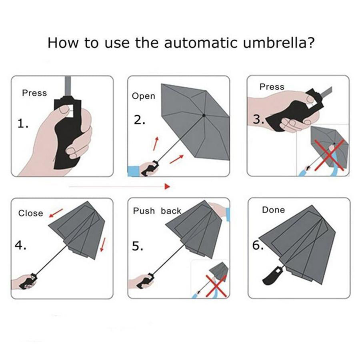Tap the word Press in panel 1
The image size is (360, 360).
pyautogui.click(x=34, y=93)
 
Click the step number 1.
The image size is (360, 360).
pyautogui.click(x=23, y=124)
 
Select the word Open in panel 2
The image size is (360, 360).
pyautogui.click(x=143, y=96)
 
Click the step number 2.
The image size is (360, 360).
pyautogui.click(x=140, y=120)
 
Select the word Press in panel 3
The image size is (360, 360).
pyautogui.click(x=272, y=87)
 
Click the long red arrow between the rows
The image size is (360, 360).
pyautogui.click(x=120, y=186)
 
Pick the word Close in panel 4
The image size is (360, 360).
pyautogui.click(x=30, y=213)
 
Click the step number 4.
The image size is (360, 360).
pyautogui.click(x=20, y=245)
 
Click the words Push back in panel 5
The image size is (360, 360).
pyautogui.click(x=157, y=211)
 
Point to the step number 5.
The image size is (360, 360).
pyautogui.click(x=138, y=246)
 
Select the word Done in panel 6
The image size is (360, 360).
pyautogui.click(x=273, y=210)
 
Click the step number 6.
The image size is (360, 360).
pyautogui.click(x=258, y=245)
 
